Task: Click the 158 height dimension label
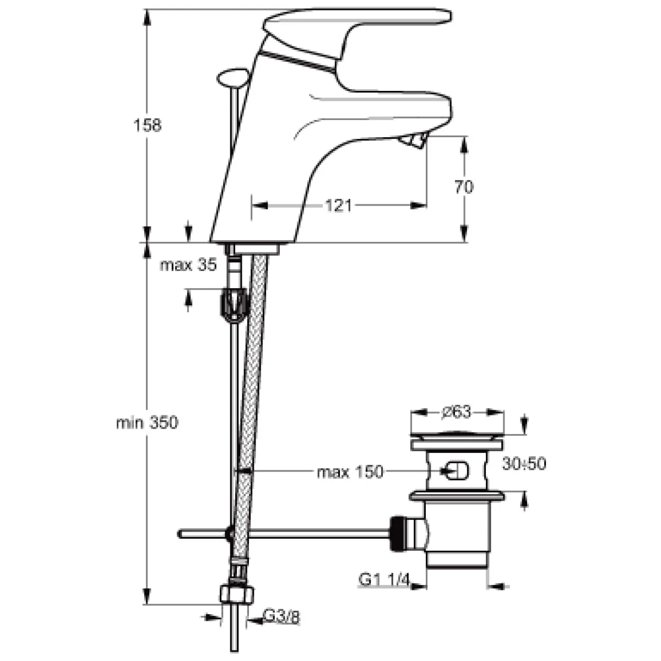coord(147,125)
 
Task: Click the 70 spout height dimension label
coord(464,187)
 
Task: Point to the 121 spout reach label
coord(338,206)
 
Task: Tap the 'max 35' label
coord(188,265)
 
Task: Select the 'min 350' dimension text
coord(147,422)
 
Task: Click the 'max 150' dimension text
coord(350,472)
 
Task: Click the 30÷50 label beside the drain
coord(524,464)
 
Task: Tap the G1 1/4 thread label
coord(384,580)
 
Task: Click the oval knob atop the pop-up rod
coord(233,79)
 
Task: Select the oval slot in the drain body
coord(455,470)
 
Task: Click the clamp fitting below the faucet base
coord(235,304)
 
